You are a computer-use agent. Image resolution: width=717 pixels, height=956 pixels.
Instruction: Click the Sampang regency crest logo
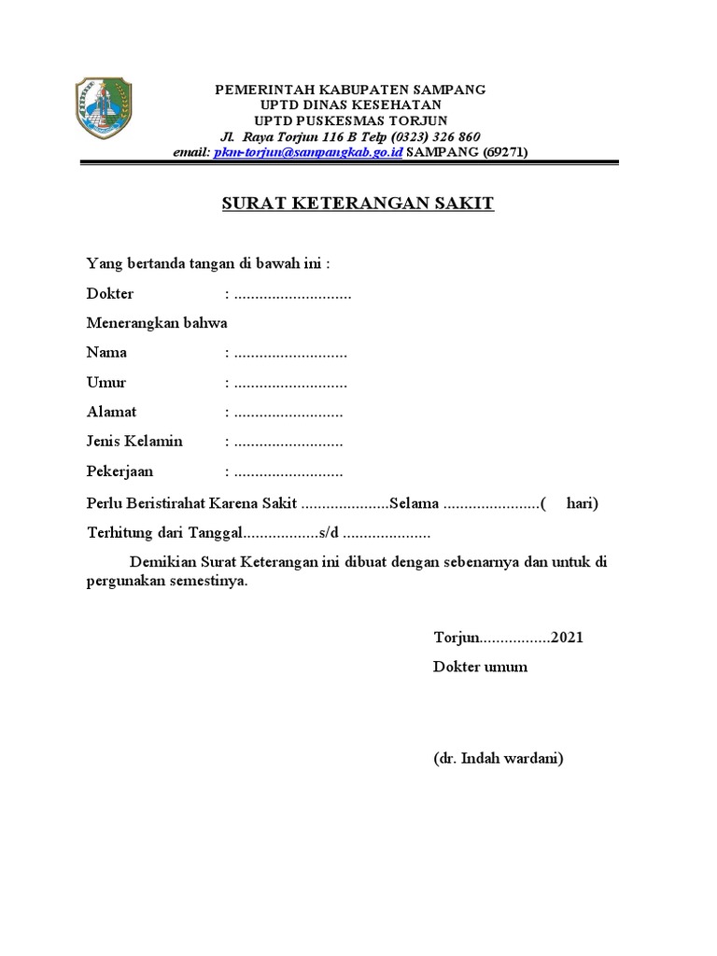click(104, 107)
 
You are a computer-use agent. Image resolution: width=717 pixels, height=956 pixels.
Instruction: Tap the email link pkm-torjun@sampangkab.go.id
click(308, 152)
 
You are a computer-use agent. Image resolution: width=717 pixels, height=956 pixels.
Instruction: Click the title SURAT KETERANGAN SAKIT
click(358, 204)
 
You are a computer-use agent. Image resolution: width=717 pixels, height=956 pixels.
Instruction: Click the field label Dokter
click(110, 294)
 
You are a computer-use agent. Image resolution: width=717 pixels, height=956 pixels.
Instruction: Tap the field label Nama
click(106, 353)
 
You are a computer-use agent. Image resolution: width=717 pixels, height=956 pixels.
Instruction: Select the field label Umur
click(106, 383)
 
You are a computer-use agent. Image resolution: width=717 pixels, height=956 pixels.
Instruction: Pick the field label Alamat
click(111, 412)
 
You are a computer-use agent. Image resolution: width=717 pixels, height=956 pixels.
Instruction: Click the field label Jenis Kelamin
click(134, 442)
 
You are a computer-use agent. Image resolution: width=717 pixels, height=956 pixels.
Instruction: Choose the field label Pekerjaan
click(119, 471)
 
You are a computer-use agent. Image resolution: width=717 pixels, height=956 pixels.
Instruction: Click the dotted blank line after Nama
click(290, 355)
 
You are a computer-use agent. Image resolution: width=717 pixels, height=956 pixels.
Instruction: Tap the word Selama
click(415, 504)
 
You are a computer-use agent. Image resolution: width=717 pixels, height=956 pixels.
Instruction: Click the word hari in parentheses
click(582, 504)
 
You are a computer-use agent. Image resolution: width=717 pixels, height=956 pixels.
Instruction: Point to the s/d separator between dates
click(330, 534)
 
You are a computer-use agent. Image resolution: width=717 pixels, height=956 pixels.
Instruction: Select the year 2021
click(567, 638)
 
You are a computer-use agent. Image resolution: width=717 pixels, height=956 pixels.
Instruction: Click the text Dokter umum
click(480, 667)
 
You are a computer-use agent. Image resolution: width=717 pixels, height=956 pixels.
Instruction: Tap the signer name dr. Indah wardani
click(498, 758)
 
